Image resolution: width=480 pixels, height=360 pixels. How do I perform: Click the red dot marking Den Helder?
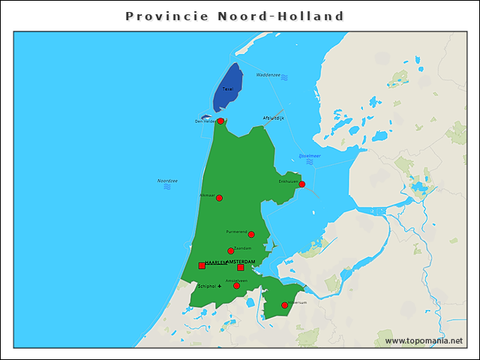point(220,121)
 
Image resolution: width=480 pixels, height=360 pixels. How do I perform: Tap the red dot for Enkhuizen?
point(301,184)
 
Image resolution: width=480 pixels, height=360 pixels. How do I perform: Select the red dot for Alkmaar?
point(219,198)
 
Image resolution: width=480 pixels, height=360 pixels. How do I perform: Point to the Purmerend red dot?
point(251,234)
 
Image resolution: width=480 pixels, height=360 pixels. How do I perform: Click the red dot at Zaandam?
point(231,250)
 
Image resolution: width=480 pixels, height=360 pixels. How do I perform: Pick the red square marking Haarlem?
point(202,265)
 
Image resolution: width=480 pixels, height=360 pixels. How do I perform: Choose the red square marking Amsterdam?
point(241,267)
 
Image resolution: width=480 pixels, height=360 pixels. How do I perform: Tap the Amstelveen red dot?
point(236,286)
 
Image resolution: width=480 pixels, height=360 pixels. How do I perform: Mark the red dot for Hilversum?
point(284,305)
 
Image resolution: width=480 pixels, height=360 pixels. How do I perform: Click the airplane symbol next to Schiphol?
point(220,286)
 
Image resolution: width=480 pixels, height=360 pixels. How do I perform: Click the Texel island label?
point(228,89)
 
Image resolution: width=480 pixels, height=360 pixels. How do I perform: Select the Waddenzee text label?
point(268,75)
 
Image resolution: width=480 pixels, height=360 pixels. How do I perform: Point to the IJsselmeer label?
point(310,155)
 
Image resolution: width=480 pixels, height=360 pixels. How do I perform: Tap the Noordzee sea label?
point(167,181)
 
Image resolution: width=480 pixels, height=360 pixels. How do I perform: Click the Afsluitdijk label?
point(273,118)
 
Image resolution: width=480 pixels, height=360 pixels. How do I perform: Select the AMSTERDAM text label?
point(241,261)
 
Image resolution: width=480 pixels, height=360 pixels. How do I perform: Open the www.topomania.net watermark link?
point(424,340)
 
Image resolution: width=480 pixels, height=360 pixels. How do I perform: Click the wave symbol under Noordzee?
point(167,187)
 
